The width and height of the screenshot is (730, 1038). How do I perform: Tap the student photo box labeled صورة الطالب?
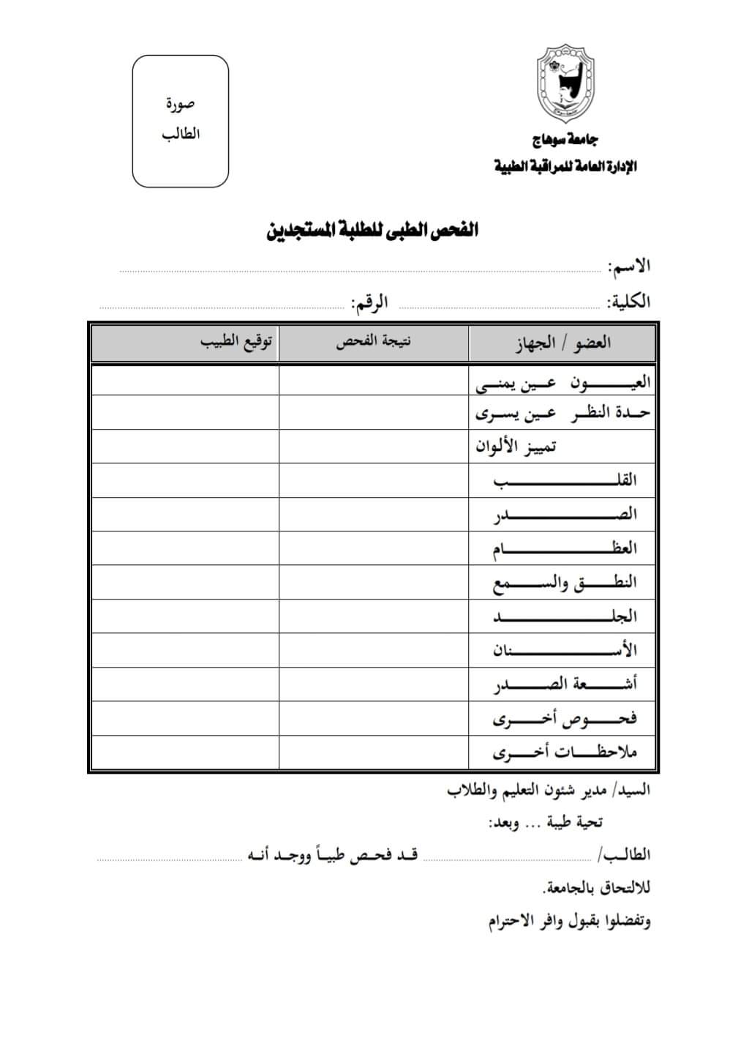pos(181,121)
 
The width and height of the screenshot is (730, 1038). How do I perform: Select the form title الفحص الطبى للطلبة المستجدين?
pos(372,231)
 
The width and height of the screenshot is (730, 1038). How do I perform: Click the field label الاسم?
pos(629,266)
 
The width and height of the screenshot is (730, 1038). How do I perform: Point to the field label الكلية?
pos(628,302)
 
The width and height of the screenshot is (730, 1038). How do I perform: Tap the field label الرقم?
pos(369,302)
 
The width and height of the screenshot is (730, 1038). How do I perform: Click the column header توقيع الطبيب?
pos(238,343)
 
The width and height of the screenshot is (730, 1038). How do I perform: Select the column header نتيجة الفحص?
pos(374,343)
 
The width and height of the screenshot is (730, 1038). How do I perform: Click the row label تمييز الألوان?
pos(516,446)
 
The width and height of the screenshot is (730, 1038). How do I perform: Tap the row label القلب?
pos(565,480)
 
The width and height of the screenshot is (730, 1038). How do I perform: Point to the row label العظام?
pos(565,548)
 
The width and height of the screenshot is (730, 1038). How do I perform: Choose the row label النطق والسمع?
pos(565,583)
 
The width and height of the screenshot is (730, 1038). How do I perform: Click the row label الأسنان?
pos(565,650)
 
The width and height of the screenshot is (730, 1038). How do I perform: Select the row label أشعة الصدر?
pos(565,684)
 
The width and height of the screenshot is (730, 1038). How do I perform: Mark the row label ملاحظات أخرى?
pos(565,752)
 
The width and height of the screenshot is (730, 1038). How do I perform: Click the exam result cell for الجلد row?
pos(374,616)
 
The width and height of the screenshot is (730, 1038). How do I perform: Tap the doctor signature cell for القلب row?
pos(185,480)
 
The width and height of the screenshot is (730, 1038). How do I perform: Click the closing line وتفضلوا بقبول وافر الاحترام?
pos(570,921)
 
